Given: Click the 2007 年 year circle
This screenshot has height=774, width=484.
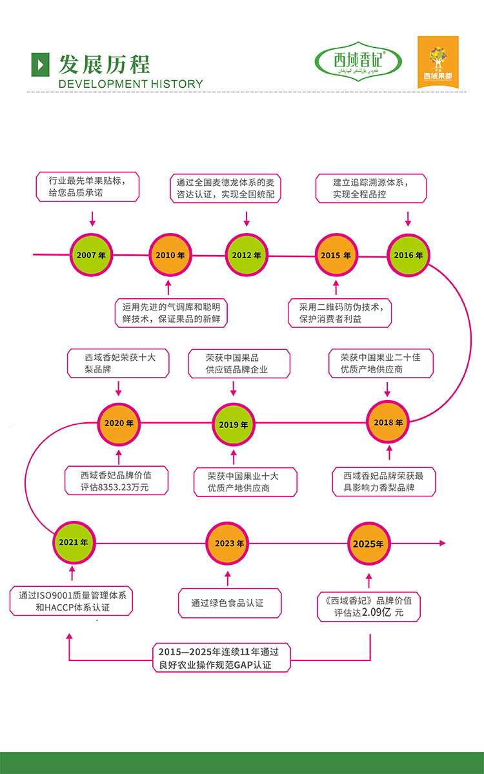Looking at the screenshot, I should (x=91, y=255).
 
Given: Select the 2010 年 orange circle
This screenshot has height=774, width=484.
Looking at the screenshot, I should (x=170, y=255).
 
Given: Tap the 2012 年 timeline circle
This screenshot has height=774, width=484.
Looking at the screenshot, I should (x=247, y=255).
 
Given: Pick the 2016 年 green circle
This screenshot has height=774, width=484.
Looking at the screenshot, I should (x=408, y=255).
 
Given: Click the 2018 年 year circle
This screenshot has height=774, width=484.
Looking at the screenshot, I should (x=388, y=422).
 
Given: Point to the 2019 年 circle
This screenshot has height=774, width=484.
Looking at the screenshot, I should (x=234, y=424).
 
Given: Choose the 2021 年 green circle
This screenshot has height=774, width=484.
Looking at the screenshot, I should (x=73, y=542).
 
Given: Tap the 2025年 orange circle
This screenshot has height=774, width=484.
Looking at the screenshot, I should (x=368, y=544).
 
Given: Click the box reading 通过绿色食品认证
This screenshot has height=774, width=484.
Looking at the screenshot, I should (x=230, y=603).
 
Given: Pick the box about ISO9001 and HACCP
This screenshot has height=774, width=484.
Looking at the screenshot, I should (x=72, y=601).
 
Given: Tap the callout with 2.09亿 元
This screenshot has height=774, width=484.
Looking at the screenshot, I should (x=369, y=606).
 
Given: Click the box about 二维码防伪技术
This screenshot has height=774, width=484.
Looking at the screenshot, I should (x=339, y=312).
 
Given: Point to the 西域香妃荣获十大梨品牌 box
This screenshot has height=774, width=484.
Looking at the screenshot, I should (x=118, y=363).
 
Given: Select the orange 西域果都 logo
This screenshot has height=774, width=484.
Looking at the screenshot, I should (x=438, y=61).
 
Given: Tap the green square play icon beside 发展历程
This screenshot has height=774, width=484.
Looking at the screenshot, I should (x=40, y=63).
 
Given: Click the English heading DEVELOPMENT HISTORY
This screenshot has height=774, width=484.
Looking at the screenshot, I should (x=130, y=84).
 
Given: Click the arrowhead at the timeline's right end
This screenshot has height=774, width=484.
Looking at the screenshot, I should (x=442, y=544).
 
